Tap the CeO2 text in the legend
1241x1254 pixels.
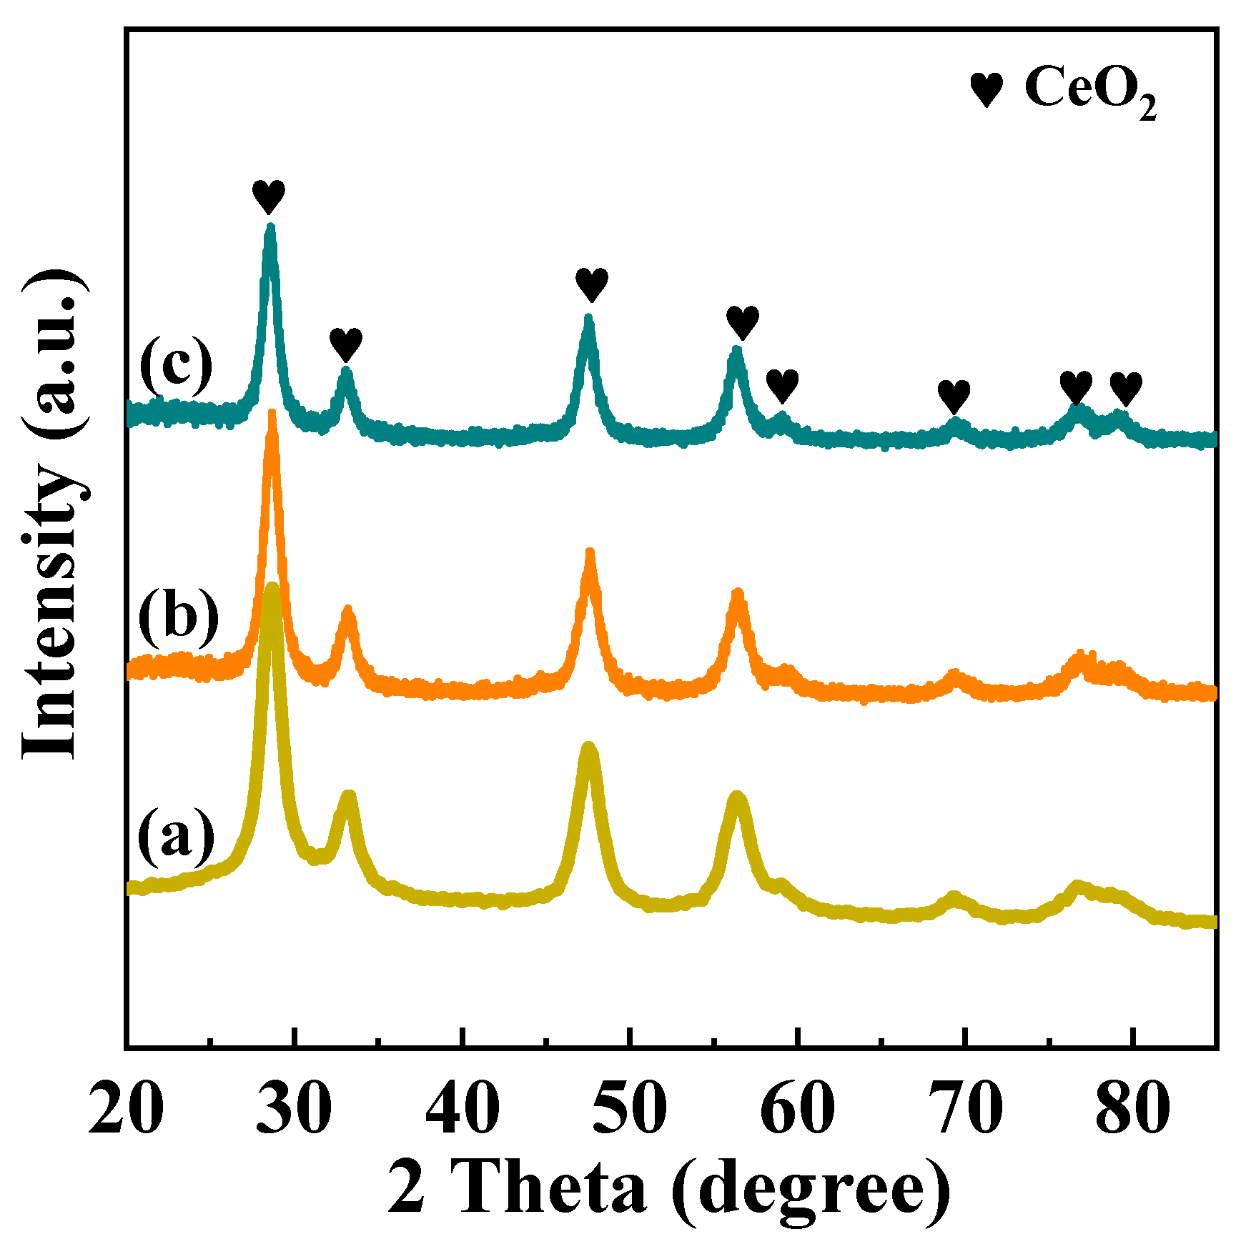(1089, 90)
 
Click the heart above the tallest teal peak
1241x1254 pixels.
(269, 196)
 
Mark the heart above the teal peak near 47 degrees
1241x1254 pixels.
(592, 285)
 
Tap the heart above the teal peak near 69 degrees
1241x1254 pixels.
(954, 396)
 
